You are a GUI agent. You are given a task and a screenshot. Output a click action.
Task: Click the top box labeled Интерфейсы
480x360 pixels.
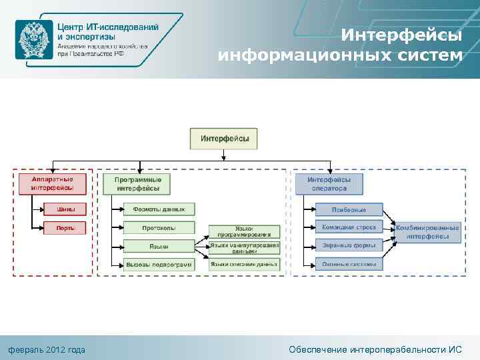click(x=224, y=139)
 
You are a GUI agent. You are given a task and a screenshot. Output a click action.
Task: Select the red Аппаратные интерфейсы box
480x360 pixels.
click(x=52, y=184)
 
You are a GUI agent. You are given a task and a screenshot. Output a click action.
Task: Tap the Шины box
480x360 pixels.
click(x=65, y=209)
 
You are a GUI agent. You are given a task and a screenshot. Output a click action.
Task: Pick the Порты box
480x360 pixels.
click(x=65, y=228)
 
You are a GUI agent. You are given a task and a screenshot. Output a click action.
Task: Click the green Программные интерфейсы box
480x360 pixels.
click(x=137, y=184)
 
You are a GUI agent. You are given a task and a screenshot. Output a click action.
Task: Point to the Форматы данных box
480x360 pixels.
click(x=159, y=209)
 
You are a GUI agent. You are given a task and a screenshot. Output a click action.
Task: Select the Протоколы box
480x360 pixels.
click(x=159, y=228)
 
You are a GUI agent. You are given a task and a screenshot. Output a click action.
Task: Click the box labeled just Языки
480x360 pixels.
click(x=159, y=247)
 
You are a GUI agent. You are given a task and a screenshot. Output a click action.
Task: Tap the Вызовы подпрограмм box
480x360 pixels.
click(x=159, y=265)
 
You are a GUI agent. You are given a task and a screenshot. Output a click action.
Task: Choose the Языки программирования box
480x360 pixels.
click(x=243, y=231)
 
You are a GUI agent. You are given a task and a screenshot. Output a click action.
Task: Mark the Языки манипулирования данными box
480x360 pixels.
click(x=243, y=248)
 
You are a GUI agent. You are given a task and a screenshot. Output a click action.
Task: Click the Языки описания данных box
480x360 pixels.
click(x=243, y=265)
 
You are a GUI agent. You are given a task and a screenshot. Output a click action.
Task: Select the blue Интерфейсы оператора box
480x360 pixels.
click(x=335, y=184)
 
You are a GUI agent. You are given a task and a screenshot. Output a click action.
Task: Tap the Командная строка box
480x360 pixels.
click(x=349, y=227)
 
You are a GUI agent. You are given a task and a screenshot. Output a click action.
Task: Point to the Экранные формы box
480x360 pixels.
click(x=349, y=245)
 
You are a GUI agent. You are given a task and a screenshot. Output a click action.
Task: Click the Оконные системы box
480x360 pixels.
click(x=349, y=264)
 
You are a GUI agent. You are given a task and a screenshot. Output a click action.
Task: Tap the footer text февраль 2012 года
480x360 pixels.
click(x=46, y=349)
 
